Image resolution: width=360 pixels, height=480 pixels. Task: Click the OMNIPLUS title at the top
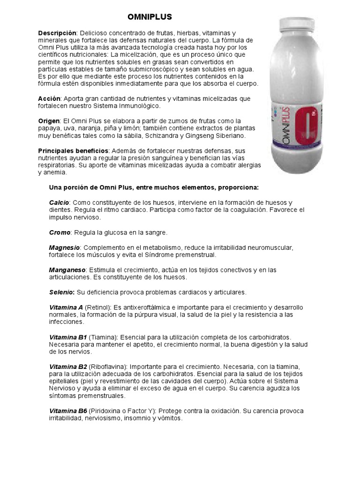coord(150,17)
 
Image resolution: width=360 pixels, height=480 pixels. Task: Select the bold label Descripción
coord(57,33)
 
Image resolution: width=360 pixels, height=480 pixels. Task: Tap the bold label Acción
coord(49,99)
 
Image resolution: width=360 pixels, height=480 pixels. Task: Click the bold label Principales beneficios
coord(73,150)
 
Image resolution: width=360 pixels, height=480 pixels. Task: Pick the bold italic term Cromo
coord(60,232)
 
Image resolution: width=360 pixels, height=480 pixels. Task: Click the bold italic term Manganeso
coord(67,270)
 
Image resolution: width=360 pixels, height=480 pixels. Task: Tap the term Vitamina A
coord(66,307)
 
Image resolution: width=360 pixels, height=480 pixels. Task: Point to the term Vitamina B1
coord(68,337)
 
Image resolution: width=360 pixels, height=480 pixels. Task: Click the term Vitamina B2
coord(68,367)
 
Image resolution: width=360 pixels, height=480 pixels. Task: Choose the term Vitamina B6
coord(68,411)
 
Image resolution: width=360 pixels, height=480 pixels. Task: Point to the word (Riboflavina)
coord(108,367)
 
